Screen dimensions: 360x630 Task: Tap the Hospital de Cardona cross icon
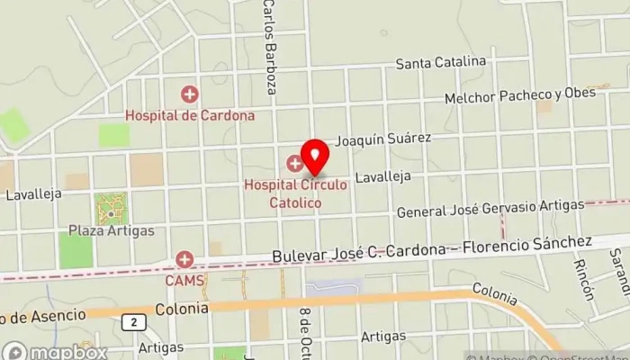click(x=189, y=93)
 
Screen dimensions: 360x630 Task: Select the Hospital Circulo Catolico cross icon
click(x=294, y=164)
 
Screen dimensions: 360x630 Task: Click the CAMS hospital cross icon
click(x=185, y=260)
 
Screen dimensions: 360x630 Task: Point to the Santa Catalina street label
click(x=441, y=63)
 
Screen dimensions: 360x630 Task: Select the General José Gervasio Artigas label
click(x=490, y=208)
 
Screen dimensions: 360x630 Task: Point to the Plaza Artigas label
click(x=112, y=230)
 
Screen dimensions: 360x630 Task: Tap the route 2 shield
click(x=133, y=322)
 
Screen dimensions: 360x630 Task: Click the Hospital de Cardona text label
click(x=190, y=115)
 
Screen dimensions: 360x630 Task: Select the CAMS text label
click(x=185, y=280)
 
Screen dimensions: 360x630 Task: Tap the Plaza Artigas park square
click(x=111, y=209)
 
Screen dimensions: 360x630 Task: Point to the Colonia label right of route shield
click(x=182, y=308)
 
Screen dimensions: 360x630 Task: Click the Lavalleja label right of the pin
click(x=382, y=178)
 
